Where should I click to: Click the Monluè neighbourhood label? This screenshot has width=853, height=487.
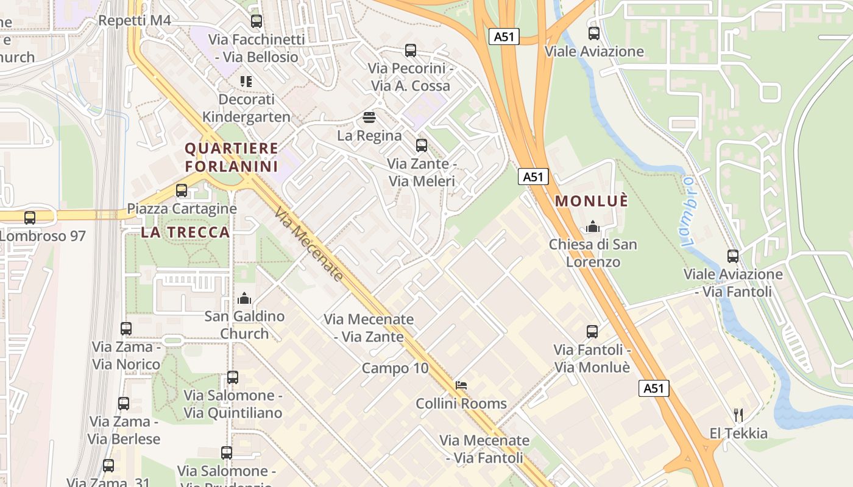point(591,201)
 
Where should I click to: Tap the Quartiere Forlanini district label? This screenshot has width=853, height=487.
point(232,157)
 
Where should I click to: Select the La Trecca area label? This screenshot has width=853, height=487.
point(185,232)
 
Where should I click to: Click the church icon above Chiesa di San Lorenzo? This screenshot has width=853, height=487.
point(593,227)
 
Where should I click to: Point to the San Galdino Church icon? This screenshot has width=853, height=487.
point(244,298)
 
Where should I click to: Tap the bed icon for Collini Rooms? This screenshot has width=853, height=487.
point(461,385)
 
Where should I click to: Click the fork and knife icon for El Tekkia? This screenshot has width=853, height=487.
point(738,415)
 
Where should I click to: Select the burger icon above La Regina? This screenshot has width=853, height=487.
point(369,117)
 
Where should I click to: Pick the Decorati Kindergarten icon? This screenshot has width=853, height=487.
point(246,81)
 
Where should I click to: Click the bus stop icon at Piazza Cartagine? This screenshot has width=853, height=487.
point(182,191)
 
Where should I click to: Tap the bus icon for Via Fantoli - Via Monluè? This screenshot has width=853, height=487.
point(592,332)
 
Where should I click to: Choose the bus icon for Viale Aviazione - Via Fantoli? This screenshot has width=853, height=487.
point(733,256)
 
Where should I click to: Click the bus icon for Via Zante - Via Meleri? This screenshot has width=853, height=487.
point(422,145)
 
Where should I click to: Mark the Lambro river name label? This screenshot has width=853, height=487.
point(688,211)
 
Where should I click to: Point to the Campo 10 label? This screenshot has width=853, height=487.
point(395,368)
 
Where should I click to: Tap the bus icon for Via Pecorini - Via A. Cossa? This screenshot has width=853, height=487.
point(411,51)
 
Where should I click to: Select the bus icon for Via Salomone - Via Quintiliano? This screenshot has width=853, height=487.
point(233,377)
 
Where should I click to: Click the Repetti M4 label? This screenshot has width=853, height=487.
point(134,21)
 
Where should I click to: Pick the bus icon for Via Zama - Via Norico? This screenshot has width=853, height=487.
point(126,329)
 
